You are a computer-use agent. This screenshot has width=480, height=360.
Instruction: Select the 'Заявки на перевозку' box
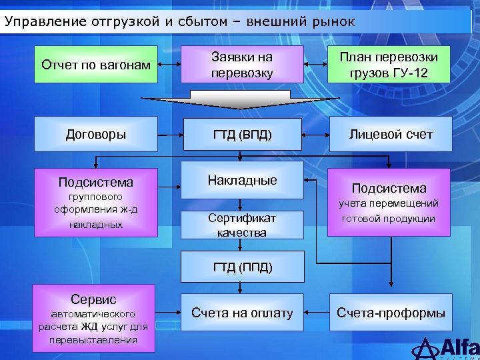(242, 65)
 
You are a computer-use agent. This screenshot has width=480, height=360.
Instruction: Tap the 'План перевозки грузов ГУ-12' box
(389, 65)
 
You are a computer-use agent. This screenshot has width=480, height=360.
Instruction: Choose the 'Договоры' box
(95, 134)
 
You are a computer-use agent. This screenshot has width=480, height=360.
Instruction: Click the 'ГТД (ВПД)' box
(242, 134)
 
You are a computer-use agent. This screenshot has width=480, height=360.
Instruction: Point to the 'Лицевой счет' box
(391, 134)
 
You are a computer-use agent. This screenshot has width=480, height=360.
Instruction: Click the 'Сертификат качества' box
(242, 225)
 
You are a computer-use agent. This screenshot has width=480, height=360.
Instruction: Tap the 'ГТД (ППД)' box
(242, 267)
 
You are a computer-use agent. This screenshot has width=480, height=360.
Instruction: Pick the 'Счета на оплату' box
(242, 313)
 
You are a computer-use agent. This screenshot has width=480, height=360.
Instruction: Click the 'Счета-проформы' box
(391, 313)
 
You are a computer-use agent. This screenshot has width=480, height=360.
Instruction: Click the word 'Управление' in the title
(37, 21)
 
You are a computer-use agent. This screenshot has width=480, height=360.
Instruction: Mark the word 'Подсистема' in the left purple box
(95, 182)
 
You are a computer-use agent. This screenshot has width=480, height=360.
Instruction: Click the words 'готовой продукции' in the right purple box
(389, 219)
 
